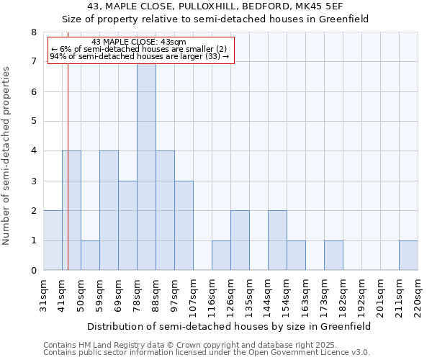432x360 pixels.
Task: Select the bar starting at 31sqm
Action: (53, 240)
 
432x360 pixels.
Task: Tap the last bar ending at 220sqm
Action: (408, 256)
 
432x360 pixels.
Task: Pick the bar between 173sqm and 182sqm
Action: (333, 256)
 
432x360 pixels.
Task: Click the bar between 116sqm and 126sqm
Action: (221, 256)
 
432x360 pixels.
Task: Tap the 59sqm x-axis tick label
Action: (100, 296)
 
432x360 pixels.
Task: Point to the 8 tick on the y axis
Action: (33, 32)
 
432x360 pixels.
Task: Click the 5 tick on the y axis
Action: (33, 122)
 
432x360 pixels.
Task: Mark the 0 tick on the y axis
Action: (33, 271)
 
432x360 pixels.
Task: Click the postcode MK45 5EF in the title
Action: (336, 6)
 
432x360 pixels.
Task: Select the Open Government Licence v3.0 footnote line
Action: (207, 353)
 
